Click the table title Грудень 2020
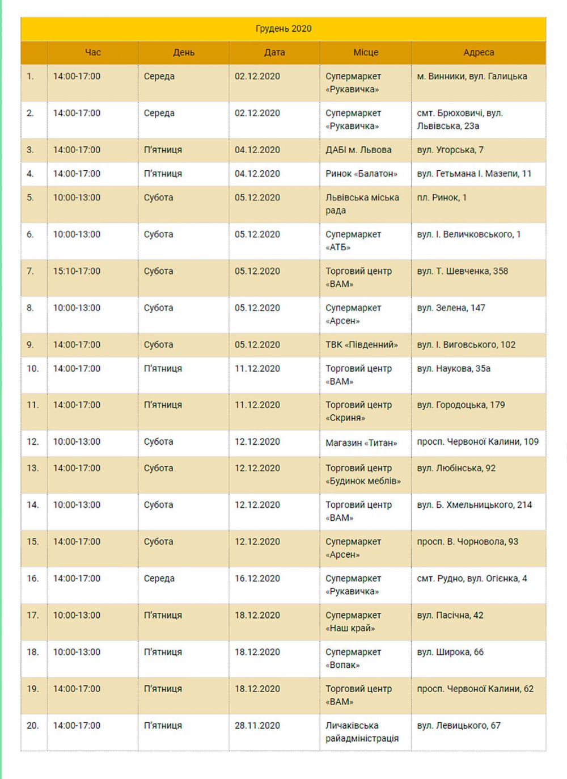click(x=283, y=29)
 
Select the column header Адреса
click(x=479, y=53)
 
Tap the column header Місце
click(x=366, y=53)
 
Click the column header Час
click(x=92, y=53)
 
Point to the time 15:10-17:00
click(x=77, y=271)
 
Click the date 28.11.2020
click(x=257, y=726)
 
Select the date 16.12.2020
click(x=257, y=579)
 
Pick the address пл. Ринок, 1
click(x=442, y=198)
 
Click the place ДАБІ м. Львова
click(x=358, y=150)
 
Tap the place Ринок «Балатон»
click(x=361, y=174)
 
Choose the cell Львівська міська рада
click(x=362, y=204)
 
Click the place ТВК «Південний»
click(x=361, y=345)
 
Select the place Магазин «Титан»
click(x=361, y=443)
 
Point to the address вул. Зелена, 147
click(x=451, y=308)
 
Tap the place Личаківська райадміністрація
click(x=362, y=732)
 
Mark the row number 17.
click(x=33, y=616)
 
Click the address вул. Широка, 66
click(x=450, y=652)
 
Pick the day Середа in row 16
click(x=159, y=579)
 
